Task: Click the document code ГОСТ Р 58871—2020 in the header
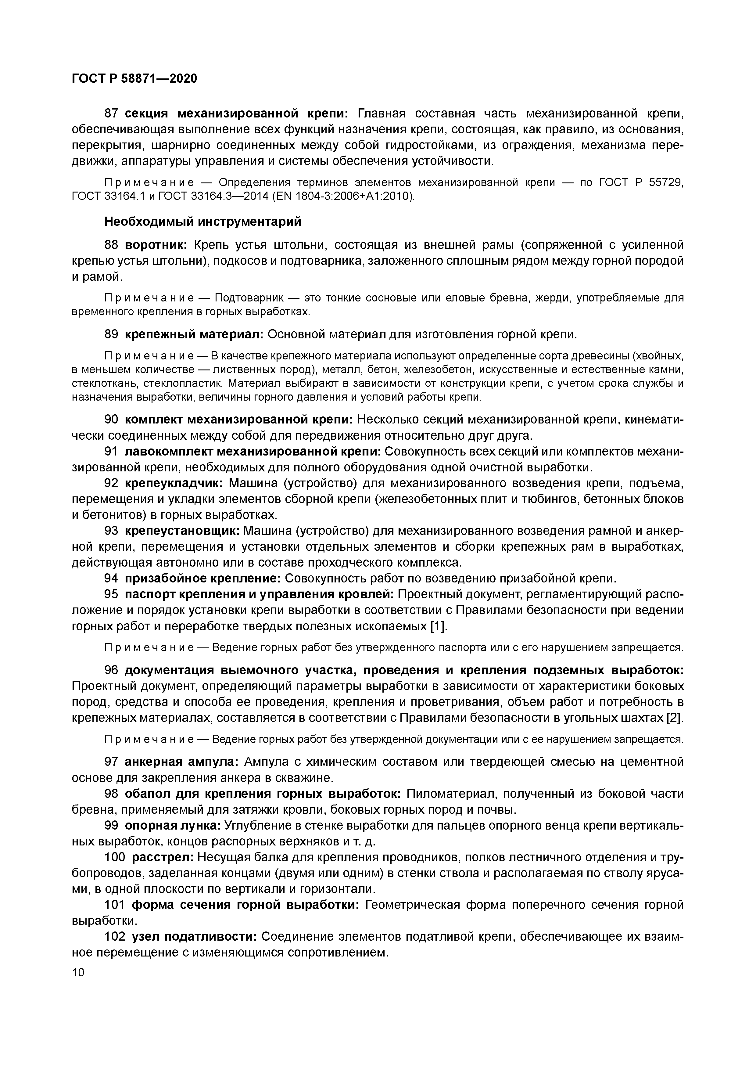coord(134,79)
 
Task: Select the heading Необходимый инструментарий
coord(202,222)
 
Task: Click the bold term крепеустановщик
coord(182,531)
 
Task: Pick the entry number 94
coord(111,578)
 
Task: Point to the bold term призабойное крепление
coord(202,578)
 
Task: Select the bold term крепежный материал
coord(194,335)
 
